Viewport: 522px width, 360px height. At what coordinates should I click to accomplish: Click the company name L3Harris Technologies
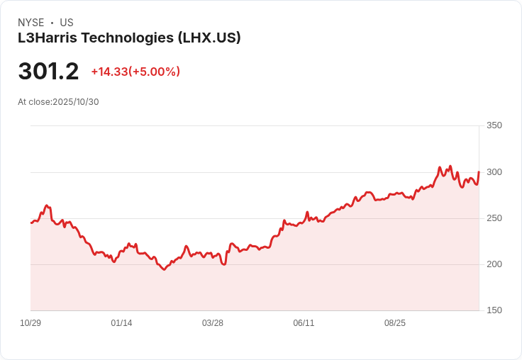coord(96,38)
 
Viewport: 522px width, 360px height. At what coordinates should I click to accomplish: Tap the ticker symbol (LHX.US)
coord(209,38)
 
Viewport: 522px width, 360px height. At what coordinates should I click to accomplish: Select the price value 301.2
coord(48,72)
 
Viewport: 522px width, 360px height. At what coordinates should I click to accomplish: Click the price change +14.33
coord(109,72)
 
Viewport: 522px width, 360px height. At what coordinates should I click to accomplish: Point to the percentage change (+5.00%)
coord(155,72)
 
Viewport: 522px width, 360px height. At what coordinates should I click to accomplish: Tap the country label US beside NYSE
coord(67,23)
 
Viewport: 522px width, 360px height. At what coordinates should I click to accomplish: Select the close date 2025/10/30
coord(76,102)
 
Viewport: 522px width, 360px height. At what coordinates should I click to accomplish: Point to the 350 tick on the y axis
coord(494,125)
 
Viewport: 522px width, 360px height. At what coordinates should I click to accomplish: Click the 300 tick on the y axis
coord(494,172)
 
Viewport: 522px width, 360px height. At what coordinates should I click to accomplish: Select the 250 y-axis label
coord(494,218)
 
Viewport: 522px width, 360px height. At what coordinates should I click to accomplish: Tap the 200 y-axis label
coord(494,264)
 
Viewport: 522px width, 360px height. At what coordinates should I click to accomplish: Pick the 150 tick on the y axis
coord(494,310)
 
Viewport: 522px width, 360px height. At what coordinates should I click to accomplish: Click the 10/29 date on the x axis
coord(30,323)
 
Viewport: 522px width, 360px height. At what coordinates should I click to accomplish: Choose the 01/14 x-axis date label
coord(121,323)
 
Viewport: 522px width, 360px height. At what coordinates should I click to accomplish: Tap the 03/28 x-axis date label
coord(213,323)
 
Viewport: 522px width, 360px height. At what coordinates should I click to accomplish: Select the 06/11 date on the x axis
coord(304,323)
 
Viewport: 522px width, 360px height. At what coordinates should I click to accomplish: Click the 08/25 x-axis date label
coord(395,323)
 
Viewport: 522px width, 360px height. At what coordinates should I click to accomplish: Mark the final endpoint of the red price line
coord(479,172)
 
